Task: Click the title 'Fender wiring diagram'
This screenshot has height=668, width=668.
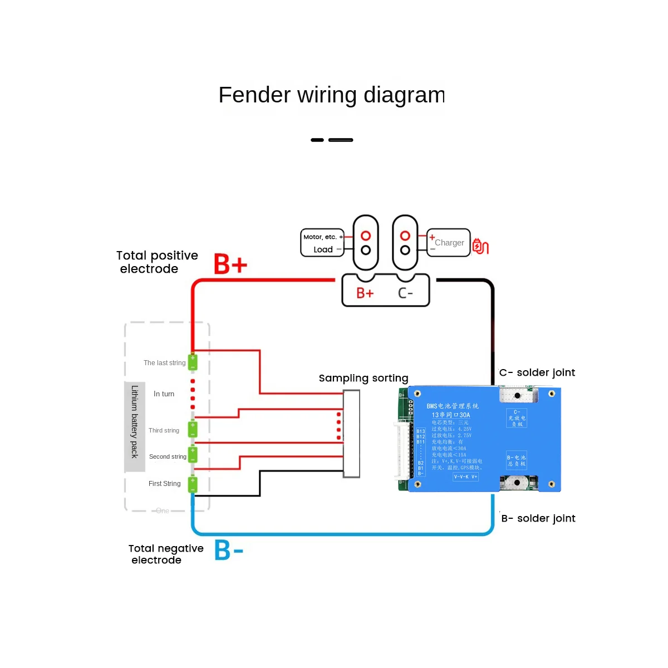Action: point(331,95)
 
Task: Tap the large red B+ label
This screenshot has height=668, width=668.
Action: point(230,264)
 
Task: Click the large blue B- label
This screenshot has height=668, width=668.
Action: point(229,550)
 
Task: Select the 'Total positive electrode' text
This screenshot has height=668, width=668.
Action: point(156,262)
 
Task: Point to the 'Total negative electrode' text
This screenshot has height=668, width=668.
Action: point(165,554)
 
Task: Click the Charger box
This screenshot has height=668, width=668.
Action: point(449,243)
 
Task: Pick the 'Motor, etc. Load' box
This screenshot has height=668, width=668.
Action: point(322,243)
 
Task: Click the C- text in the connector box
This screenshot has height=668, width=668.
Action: point(405,293)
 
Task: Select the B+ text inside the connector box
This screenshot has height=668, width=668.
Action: point(365,293)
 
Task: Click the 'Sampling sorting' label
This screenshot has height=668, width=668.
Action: point(364,379)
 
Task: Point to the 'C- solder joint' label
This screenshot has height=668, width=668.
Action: point(537,372)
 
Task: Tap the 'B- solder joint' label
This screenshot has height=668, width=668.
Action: point(538,518)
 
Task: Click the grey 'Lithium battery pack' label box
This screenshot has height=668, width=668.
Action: point(135,426)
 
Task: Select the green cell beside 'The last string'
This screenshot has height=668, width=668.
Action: point(193,362)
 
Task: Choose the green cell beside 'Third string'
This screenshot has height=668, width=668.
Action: point(193,429)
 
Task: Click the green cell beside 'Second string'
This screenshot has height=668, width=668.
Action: point(193,455)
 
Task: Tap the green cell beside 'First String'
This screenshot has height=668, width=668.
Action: point(193,484)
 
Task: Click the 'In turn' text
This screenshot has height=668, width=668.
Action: point(164,394)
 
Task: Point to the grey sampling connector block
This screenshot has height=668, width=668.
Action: point(351,434)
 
